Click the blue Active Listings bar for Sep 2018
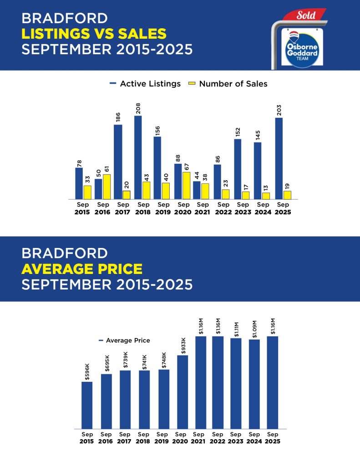click(x=138, y=157)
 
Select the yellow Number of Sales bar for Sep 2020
click(x=186, y=186)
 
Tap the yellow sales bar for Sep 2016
click(x=106, y=187)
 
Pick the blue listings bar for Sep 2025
click(x=279, y=158)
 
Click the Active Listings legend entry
click(x=145, y=84)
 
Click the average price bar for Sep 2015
click(x=87, y=405)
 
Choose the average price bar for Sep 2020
click(x=183, y=392)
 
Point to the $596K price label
click(x=87, y=371)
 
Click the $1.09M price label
click(x=254, y=328)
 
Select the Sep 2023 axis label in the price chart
click(x=235, y=438)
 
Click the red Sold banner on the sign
click(x=305, y=15)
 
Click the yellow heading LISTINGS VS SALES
click(x=94, y=34)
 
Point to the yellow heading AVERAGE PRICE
click(x=82, y=268)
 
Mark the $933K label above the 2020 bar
click(x=183, y=345)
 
